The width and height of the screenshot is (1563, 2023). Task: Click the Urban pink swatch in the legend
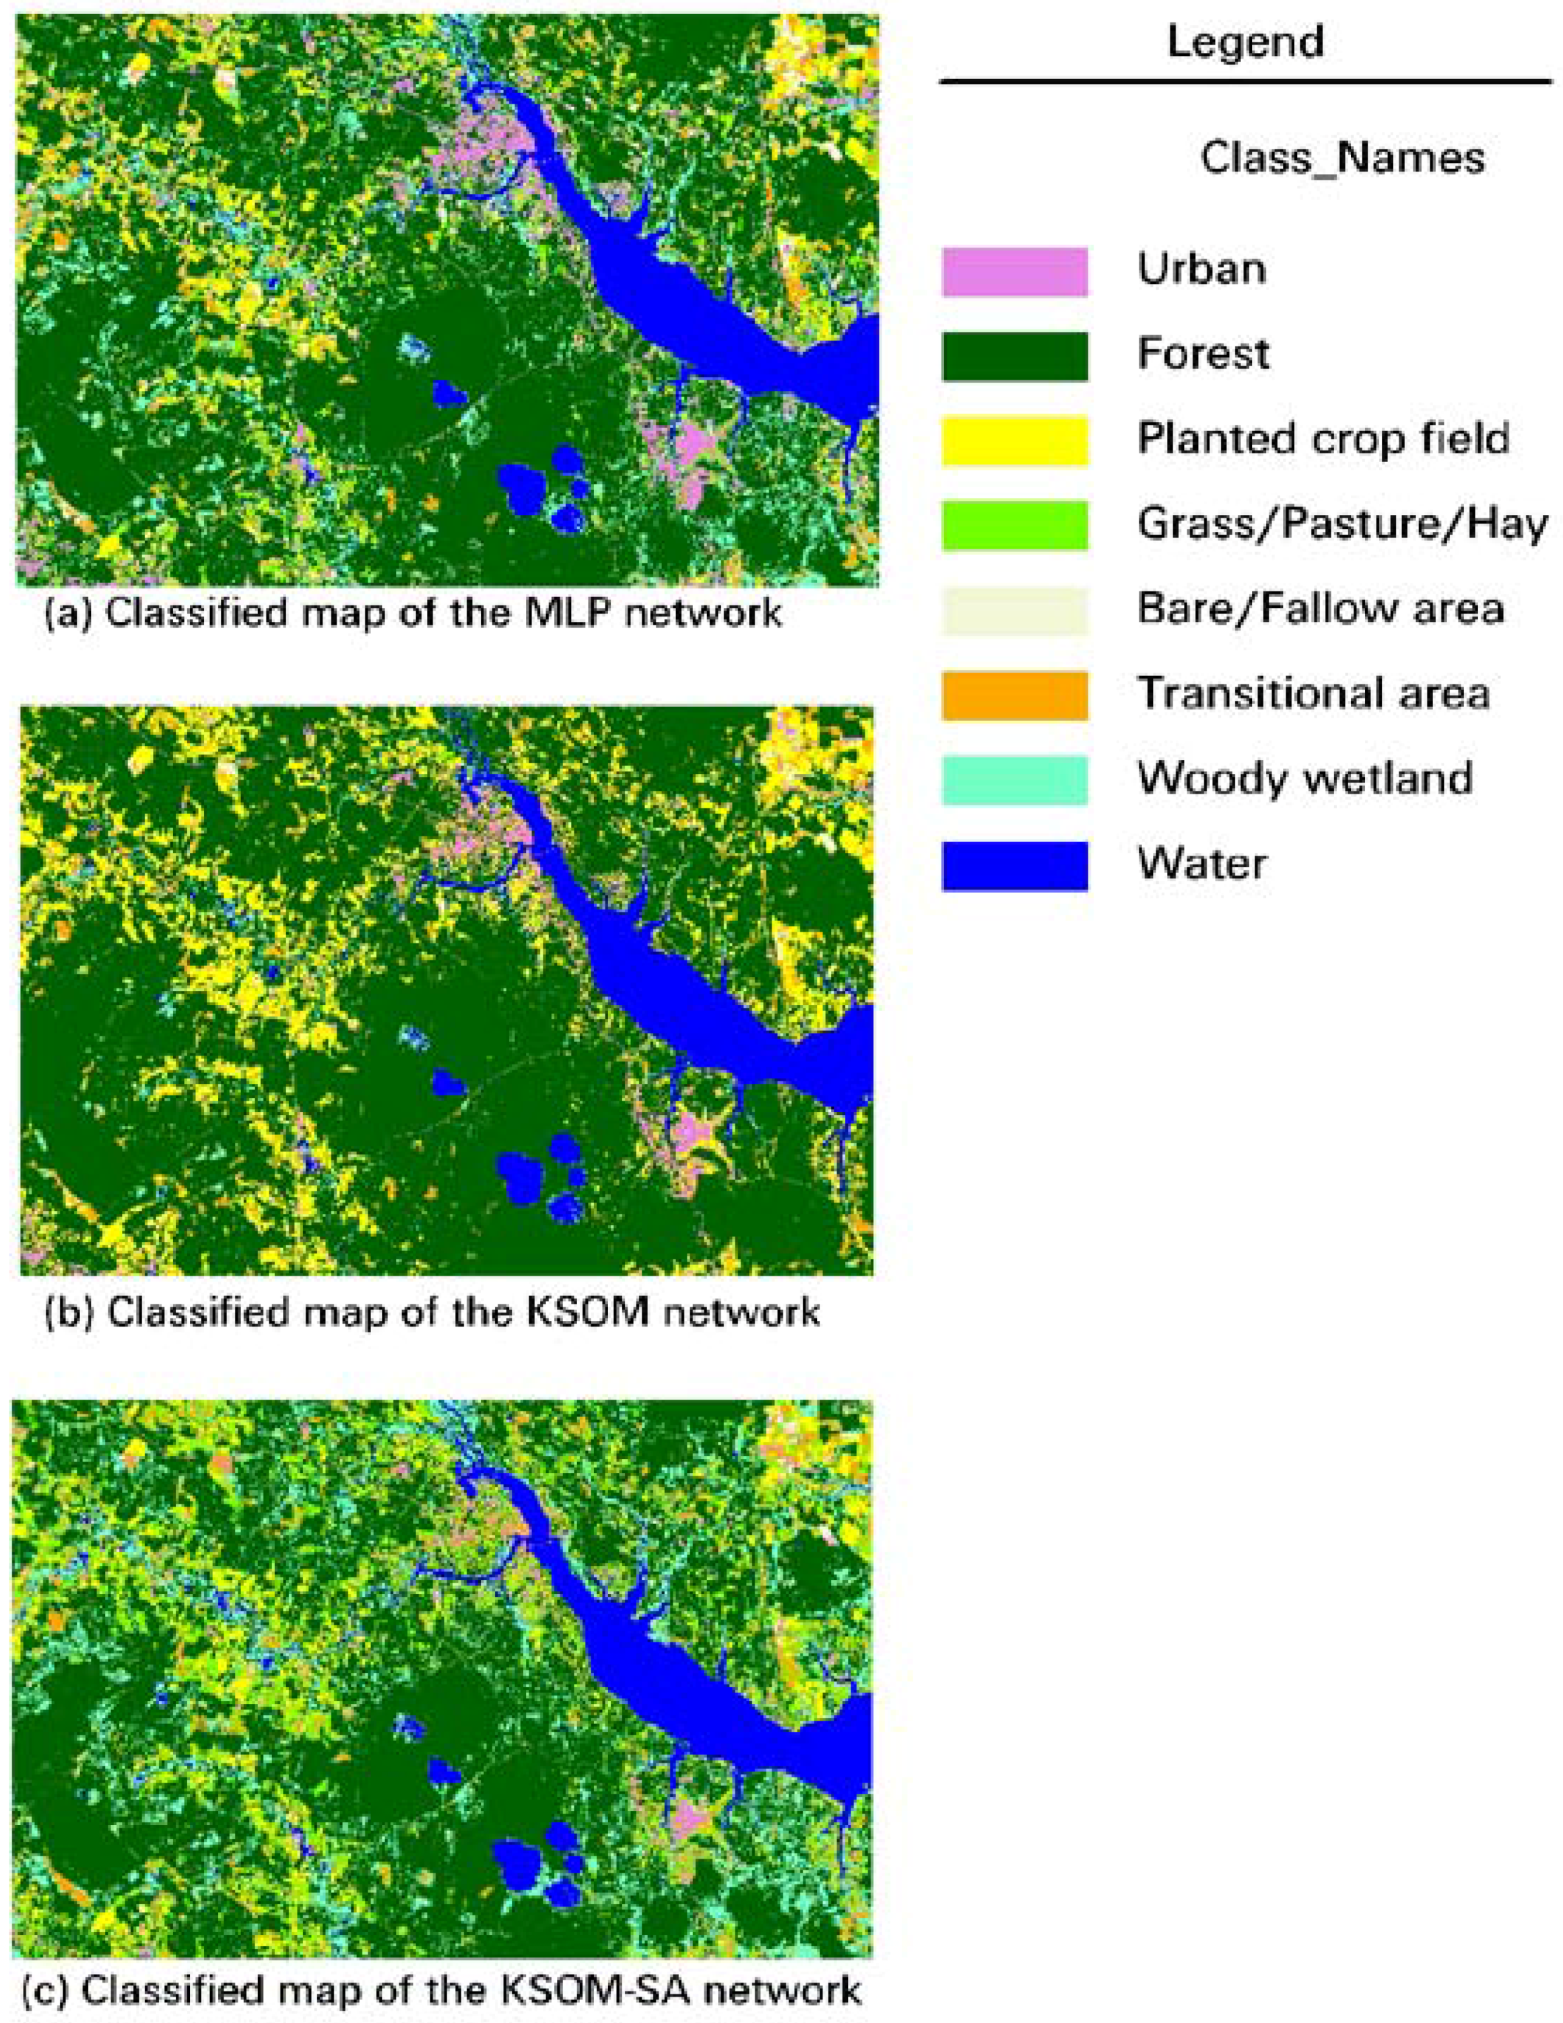(x=1015, y=271)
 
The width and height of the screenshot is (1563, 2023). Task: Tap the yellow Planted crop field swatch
(x=1015, y=441)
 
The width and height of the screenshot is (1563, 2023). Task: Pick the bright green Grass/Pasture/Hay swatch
(x=1015, y=525)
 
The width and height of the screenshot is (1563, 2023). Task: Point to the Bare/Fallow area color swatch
(x=1015, y=611)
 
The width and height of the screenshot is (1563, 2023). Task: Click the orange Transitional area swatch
(x=1015, y=695)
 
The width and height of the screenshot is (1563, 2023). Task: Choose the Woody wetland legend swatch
(x=1015, y=780)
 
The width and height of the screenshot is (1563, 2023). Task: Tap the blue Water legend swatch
(x=1015, y=865)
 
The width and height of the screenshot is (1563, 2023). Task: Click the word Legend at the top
(x=1244, y=42)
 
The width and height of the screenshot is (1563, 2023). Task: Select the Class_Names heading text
(x=1341, y=158)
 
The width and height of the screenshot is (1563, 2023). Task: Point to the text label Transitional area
(x=1313, y=693)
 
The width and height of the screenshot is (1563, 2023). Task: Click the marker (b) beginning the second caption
(x=69, y=1313)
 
